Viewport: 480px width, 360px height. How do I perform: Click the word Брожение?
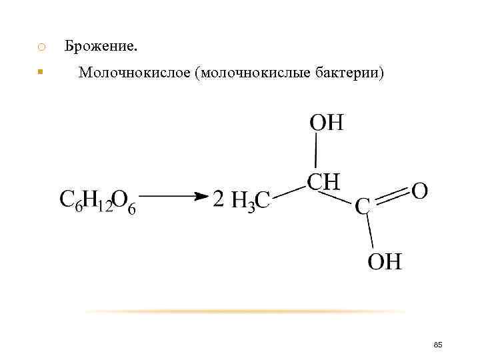pos(101,47)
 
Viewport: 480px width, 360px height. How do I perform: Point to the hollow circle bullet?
pos(41,47)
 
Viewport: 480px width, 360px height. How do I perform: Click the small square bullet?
pos(41,71)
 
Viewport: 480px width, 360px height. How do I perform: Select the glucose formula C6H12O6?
pos(98,201)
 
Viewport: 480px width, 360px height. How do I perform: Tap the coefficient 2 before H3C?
pos(219,199)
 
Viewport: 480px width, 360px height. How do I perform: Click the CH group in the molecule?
pos(323,181)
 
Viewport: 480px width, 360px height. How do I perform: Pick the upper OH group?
pos(326,123)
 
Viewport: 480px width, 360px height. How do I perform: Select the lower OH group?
pos(385,261)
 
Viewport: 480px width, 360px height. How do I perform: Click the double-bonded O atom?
pos(420,191)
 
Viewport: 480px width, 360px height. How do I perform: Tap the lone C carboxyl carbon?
pos(363,207)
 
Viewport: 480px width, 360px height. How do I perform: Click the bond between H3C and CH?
pos(288,190)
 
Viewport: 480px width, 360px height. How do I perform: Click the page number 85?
pos(438,344)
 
